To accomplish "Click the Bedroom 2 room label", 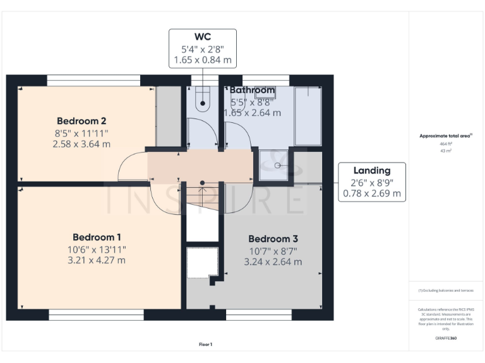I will [x=81, y=121].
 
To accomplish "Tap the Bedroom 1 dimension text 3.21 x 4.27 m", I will [x=97, y=260].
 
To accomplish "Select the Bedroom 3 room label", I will [x=273, y=239].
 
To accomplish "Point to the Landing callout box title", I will [x=371, y=170].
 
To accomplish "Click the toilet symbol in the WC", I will [x=203, y=101].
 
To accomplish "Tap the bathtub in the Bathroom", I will [x=308, y=116].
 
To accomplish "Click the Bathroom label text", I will [x=252, y=90].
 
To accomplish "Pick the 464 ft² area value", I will [x=446, y=144].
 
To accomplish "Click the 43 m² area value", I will [x=446, y=150].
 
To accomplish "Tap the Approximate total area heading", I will [x=446, y=135].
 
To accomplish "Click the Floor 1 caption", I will [x=205, y=344].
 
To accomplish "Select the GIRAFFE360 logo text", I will [x=446, y=338].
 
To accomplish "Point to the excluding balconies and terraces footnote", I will [x=446, y=291].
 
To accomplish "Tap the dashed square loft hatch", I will [x=203, y=262].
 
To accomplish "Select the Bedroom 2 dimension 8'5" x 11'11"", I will [x=81, y=133].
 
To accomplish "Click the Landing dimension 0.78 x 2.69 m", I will [x=371, y=193].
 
